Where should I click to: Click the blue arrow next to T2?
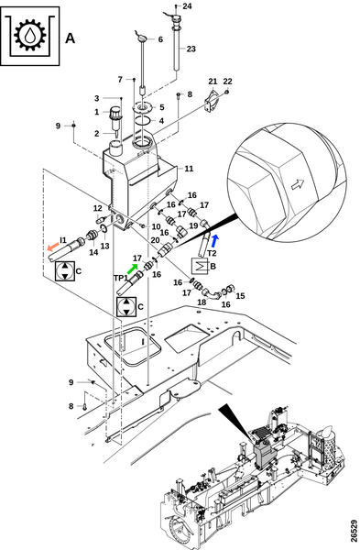pos(215,241)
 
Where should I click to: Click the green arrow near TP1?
pos(132,269)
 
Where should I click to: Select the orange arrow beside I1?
pos(53,246)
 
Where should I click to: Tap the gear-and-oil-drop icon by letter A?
pos(30,36)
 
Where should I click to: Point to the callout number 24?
pos(187,6)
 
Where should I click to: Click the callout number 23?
pos(191,49)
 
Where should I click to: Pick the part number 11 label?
pos(189,169)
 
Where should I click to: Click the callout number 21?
pos(213,82)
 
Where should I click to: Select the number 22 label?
pos(227,82)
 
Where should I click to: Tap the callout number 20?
pos(156,240)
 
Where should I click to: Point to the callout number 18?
pos(202,302)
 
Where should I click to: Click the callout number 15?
pos(240,296)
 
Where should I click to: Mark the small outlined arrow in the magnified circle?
pos(298,184)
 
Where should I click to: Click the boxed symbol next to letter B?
pos(200,266)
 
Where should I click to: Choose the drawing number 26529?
pos(354,531)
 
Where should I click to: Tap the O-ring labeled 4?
pos(143,120)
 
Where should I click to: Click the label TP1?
pos(121,278)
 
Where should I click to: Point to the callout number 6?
pos(160,39)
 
